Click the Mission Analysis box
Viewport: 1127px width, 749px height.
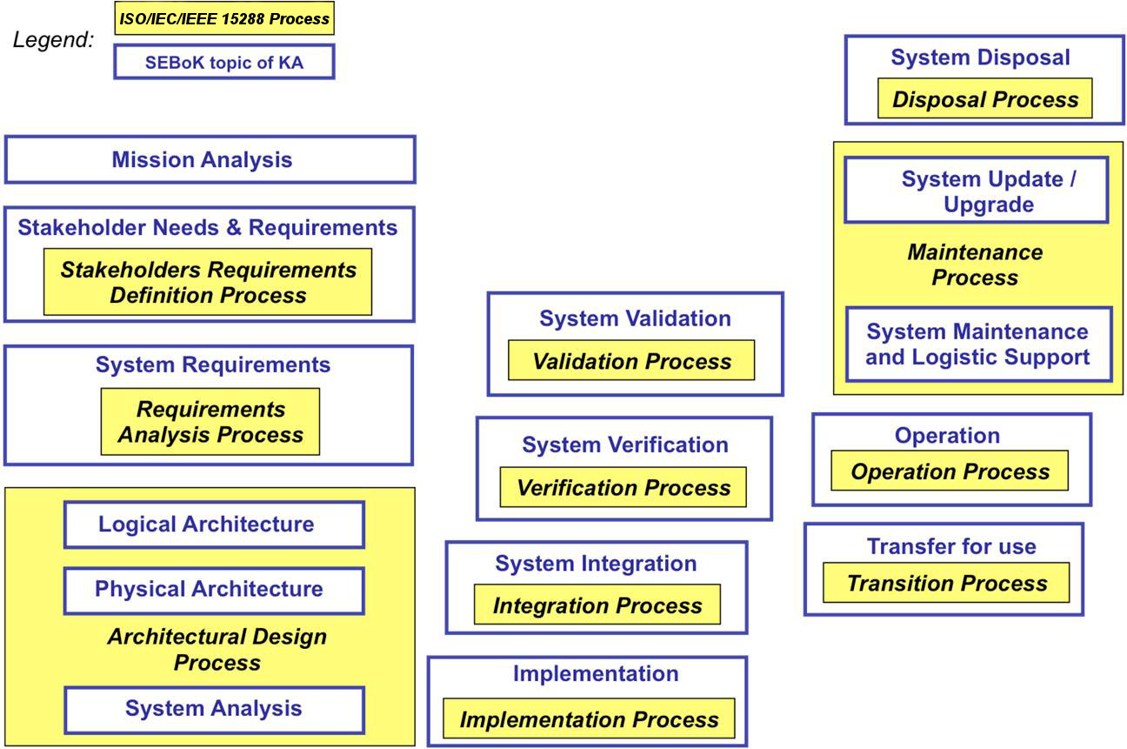tap(210, 160)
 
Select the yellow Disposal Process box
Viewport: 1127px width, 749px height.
tap(984, 99)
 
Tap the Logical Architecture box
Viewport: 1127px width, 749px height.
tap(213, 525)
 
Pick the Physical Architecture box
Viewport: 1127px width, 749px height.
tap(213, 590)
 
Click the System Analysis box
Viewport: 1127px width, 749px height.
tap(213, 709)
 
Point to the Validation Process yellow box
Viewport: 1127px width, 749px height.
tap(631, 361)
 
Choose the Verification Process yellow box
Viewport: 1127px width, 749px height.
tap(623, 487)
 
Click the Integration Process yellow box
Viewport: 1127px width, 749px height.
tap(597, 605)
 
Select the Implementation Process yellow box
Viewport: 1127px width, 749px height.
tap(589, 719)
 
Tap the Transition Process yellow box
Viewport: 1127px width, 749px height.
tap(946, 584)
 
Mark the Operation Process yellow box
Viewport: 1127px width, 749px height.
tap(950, 472)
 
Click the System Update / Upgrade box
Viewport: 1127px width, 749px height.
tap(976, 191)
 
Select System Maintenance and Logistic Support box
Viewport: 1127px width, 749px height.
tap(977, 344)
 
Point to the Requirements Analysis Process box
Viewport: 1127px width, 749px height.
tap(210, 422)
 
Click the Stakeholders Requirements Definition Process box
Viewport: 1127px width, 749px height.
tap(208, 282)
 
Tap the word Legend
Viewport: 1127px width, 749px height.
tap(54, 40)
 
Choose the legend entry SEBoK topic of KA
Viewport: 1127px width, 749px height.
tap(223, 63)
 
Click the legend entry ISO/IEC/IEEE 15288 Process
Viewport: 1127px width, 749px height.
tap(223, 18)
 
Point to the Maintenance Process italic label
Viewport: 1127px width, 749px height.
tap(975, 264)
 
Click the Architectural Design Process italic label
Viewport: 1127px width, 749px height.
tap(217, 649)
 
